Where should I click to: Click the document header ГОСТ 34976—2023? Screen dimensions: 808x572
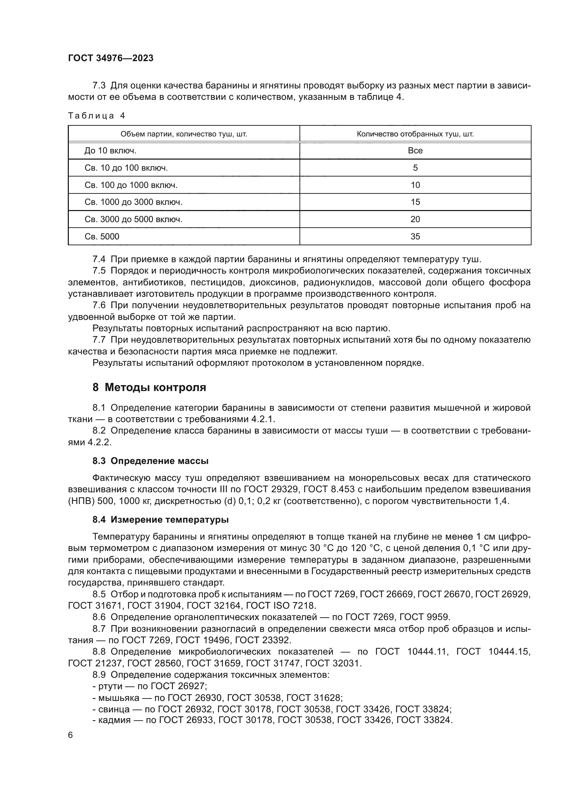click(111, 58)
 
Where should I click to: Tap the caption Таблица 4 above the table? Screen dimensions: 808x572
click(96, 116)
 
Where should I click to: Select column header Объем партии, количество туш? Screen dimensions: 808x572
click(184, 134)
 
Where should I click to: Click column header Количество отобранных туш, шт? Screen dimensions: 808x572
click(415, 134)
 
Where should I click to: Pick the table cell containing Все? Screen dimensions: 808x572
click(415, 151)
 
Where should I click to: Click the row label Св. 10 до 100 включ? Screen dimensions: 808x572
click(126, 168)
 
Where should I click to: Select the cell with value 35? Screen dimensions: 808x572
click(415, 237)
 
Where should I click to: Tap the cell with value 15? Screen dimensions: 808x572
click(415, 202)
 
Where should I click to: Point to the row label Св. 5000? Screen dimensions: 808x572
click(102, 237)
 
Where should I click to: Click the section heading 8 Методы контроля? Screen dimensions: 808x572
click(149, 388)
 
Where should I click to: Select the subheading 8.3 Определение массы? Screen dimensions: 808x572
click(150, 461)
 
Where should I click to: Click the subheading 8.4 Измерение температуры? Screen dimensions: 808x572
click(160, 520)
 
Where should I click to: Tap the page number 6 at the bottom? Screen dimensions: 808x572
click(71, 735)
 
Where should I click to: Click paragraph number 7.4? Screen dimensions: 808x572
click(99, 260)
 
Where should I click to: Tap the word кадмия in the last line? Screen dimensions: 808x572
click(113, 720)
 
